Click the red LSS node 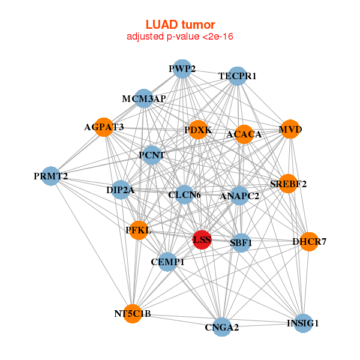click(202, 239)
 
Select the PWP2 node click(182, 69)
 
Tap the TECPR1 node click(238, 76)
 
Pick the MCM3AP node click(143, 98)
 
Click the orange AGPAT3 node click(104, 127)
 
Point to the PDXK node click(198, 130)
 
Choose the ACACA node click(244, 134)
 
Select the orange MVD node click(290, 130)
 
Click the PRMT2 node click(51, 176)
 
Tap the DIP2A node click(121, 190)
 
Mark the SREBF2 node click(289, 184)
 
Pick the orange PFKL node click(139, 230)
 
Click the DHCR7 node click(309, 242)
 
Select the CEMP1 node click(168, 262)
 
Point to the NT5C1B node click(133, 314)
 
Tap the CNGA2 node click(222, 327)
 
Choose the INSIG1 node click(303, 323)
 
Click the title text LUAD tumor click(180, 25)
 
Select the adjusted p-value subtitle click(180, 37)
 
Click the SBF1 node click(241, 243)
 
